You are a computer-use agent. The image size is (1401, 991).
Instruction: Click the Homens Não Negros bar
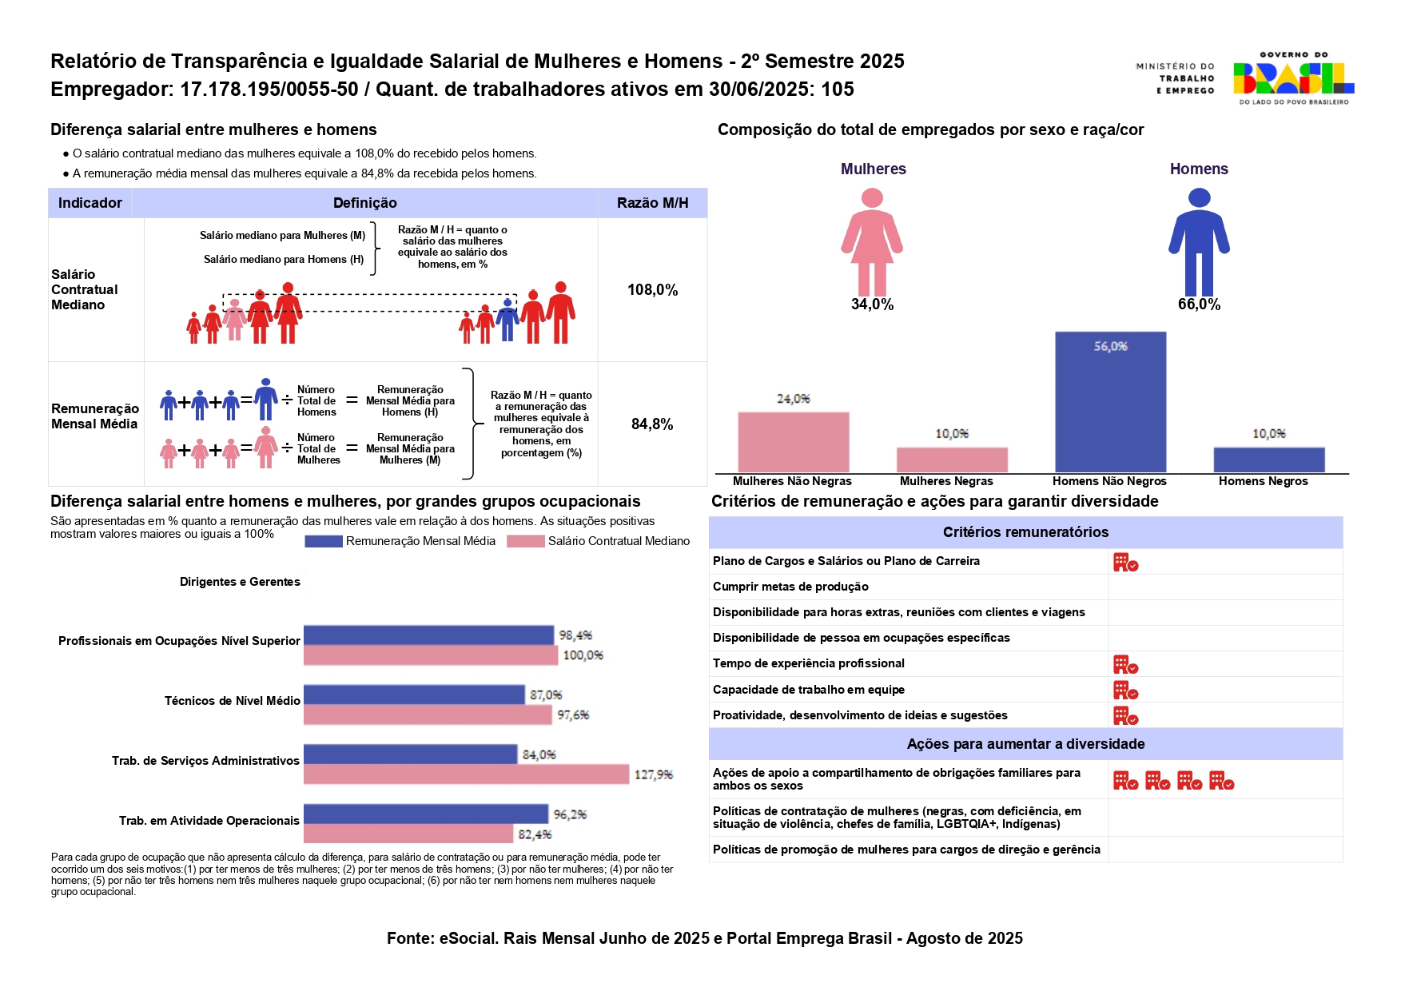1110,402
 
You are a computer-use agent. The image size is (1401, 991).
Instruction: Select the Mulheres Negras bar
952,460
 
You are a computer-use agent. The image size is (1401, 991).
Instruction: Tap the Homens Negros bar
1268,460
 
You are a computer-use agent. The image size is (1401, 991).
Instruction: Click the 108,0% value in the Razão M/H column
652,290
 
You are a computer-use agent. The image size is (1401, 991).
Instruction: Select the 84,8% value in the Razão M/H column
652,424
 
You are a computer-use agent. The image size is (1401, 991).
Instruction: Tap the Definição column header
364,203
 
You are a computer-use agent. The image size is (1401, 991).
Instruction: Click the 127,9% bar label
653,774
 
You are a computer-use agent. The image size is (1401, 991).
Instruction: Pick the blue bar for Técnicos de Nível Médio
414,694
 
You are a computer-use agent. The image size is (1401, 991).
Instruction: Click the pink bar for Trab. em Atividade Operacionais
408,834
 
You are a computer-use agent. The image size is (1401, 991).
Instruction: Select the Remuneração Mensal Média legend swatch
324,541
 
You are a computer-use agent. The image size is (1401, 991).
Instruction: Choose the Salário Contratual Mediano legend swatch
525,541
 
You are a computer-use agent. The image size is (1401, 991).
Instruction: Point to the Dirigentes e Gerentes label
240,582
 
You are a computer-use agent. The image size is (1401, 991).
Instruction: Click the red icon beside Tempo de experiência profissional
1125,664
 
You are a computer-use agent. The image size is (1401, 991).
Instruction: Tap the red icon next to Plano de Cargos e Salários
1125,563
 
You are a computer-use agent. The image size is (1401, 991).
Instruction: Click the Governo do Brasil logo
1293,78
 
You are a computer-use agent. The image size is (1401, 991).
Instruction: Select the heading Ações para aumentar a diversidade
1025,744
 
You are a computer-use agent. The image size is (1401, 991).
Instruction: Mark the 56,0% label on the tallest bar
1110,346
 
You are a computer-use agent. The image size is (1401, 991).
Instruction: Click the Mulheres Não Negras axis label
792,481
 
